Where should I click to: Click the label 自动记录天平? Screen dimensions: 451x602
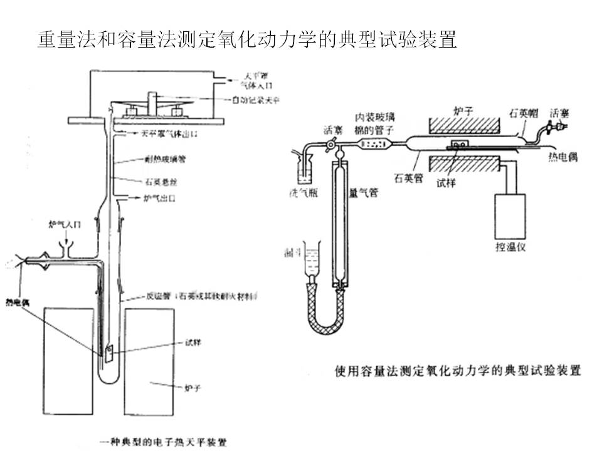click(x=255, y=99)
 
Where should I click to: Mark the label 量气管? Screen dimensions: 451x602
click(x=363, y=194)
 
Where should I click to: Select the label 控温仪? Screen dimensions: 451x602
click(x=512, y=246)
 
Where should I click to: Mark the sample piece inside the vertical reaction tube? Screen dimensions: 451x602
click(x=108, y=353)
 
